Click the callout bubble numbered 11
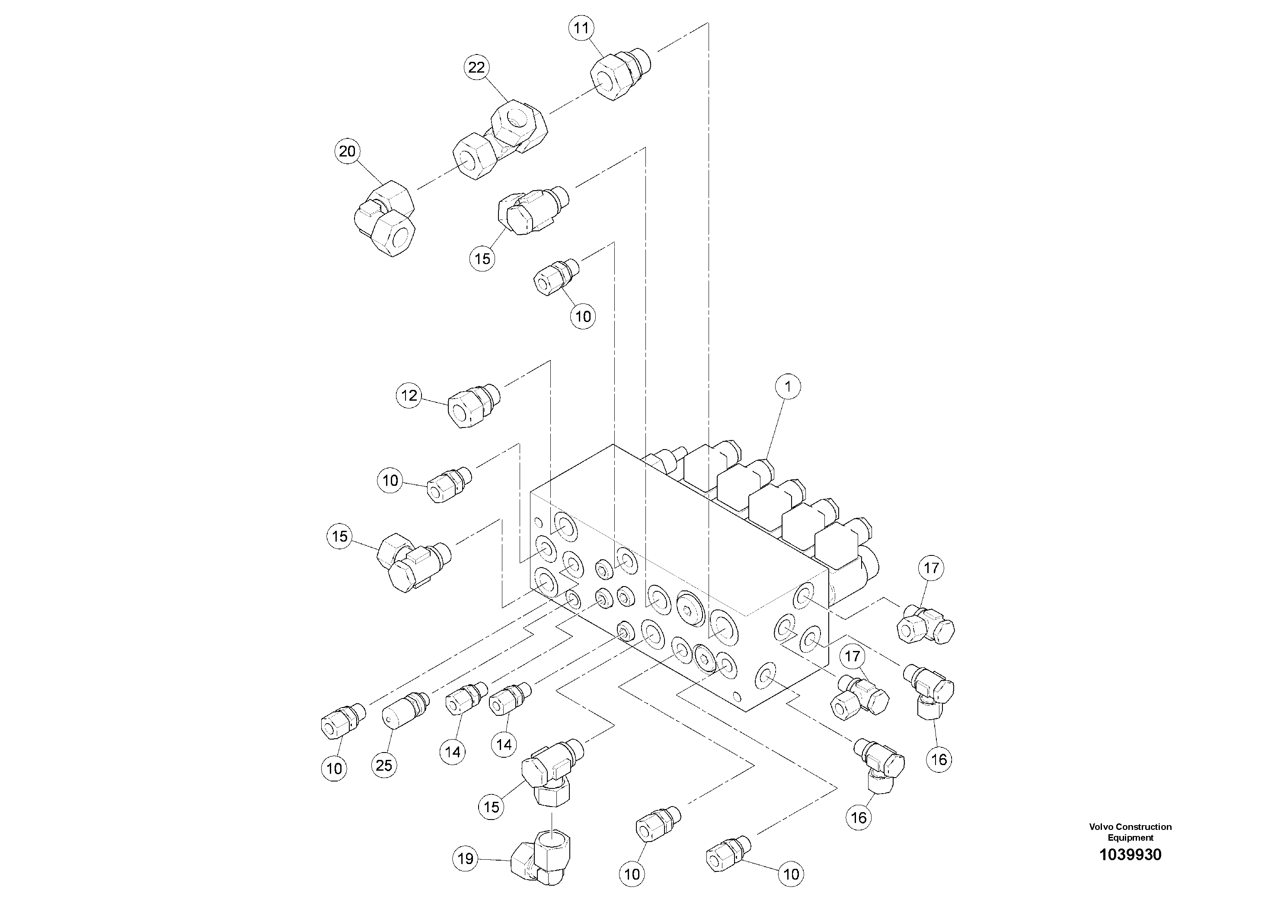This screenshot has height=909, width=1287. (581, 28)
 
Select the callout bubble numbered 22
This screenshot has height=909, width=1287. (476, 67)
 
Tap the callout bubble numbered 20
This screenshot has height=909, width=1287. (348, 151)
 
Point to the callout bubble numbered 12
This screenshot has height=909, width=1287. (409, 395)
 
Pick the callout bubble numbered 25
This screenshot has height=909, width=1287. (384, 765)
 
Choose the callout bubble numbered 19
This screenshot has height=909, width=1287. (466, 858)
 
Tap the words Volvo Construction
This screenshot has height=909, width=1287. (1130, 826)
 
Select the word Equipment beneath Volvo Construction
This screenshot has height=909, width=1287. (1130, 838)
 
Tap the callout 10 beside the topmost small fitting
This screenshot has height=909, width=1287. (583, 317)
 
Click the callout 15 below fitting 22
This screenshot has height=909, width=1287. (482, 259)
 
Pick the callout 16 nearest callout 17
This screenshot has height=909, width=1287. (939, 759)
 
